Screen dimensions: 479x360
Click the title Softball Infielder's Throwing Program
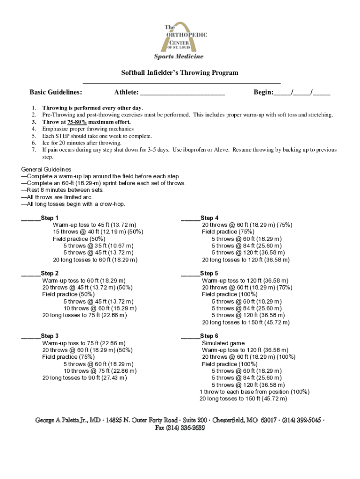click(180, 73)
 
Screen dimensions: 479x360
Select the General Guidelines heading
click(46, 169)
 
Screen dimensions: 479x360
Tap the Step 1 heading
click(50, 218)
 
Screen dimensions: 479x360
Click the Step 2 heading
click(50, 273)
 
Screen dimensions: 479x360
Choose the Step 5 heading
click(209, 273)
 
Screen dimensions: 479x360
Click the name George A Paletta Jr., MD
click(68, 421)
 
